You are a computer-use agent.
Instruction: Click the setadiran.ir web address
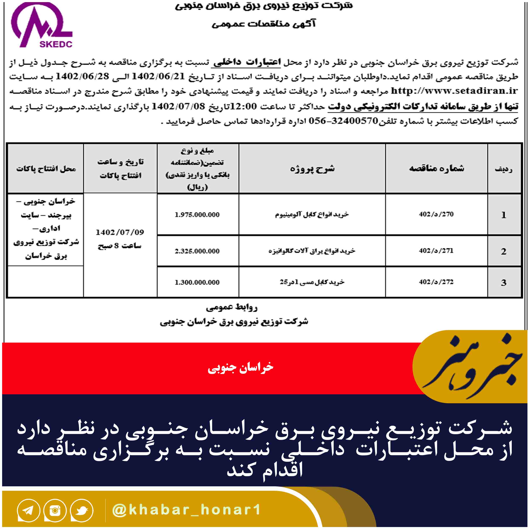point(454,91)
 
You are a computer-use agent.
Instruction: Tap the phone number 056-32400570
point(343,121)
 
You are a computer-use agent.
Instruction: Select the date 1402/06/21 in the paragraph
point(159,76)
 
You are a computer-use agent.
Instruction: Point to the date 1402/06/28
point(82,76)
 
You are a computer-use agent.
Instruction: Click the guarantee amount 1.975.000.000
point(197,215)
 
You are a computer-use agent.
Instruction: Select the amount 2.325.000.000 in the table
point(197,251)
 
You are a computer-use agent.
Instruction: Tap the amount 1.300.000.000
point(197,282)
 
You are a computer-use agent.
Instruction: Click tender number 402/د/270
point(436,214)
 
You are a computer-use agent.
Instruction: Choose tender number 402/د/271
point(436,251)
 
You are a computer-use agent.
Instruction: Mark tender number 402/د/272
point(436,282)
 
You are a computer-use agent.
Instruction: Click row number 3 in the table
point(504,283)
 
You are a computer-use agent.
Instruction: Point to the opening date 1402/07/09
point(120,232)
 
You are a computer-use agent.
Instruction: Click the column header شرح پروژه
point(312,169)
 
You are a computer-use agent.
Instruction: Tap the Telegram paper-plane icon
point(29,510)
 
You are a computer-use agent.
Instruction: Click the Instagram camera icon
point(55,510)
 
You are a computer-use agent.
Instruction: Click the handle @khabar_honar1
point(187,510)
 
